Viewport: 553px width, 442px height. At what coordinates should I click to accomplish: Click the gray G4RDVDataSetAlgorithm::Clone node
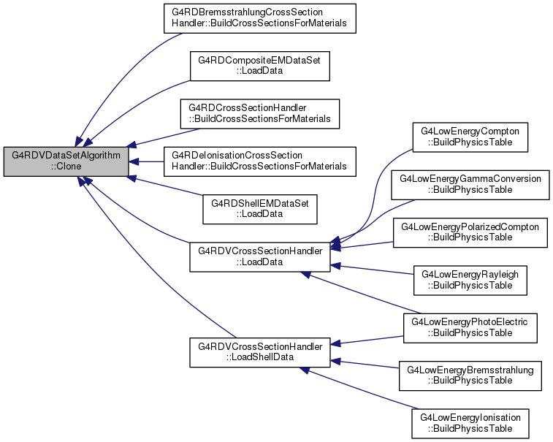click(66, 161)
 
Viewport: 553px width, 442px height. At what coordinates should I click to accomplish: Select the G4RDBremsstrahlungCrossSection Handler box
click(260, 18)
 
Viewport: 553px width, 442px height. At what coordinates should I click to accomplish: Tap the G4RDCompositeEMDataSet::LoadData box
click(260, 66)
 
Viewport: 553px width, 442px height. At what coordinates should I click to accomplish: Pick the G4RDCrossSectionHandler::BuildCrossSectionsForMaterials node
click(260, 114)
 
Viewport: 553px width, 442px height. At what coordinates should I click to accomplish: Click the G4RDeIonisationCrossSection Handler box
click(260, 161)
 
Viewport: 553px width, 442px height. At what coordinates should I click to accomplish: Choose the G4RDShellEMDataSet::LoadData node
click(260, 209)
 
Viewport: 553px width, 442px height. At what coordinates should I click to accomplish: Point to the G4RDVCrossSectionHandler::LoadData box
click(260, 257)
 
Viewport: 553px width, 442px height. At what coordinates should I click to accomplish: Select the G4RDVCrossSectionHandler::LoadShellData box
click(260, 352)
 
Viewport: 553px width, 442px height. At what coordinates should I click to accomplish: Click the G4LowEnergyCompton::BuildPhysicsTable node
click(470, 137)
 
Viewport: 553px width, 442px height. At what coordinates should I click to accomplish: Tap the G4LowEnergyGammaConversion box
click(470, 185)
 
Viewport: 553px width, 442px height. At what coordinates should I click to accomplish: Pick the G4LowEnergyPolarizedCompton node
click(470, 233)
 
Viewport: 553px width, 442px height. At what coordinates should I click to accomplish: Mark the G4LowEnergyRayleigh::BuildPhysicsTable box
click(470, 281)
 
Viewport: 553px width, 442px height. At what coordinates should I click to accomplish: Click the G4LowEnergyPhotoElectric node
click(470, 328)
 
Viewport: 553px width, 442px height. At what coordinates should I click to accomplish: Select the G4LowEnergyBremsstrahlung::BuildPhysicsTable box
click(470, 376)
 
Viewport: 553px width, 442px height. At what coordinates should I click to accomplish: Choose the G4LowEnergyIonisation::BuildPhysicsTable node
click(470, 424)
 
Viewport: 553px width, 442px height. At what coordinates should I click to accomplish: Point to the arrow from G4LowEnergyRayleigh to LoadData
click(372, 270)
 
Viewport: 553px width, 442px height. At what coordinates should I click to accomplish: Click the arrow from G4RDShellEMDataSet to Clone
click(165, 186)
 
